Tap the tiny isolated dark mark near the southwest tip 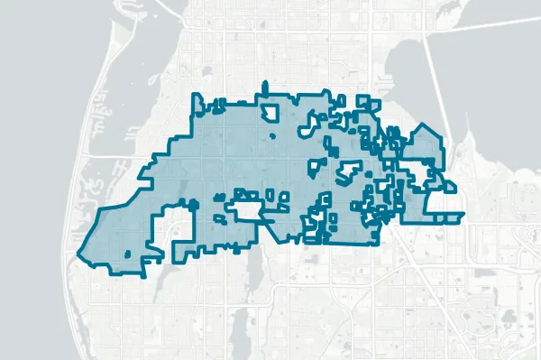point(127,254)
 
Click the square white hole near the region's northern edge point(270,112)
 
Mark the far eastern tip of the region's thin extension point(463,214)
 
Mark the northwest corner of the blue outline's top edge point(197,96)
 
